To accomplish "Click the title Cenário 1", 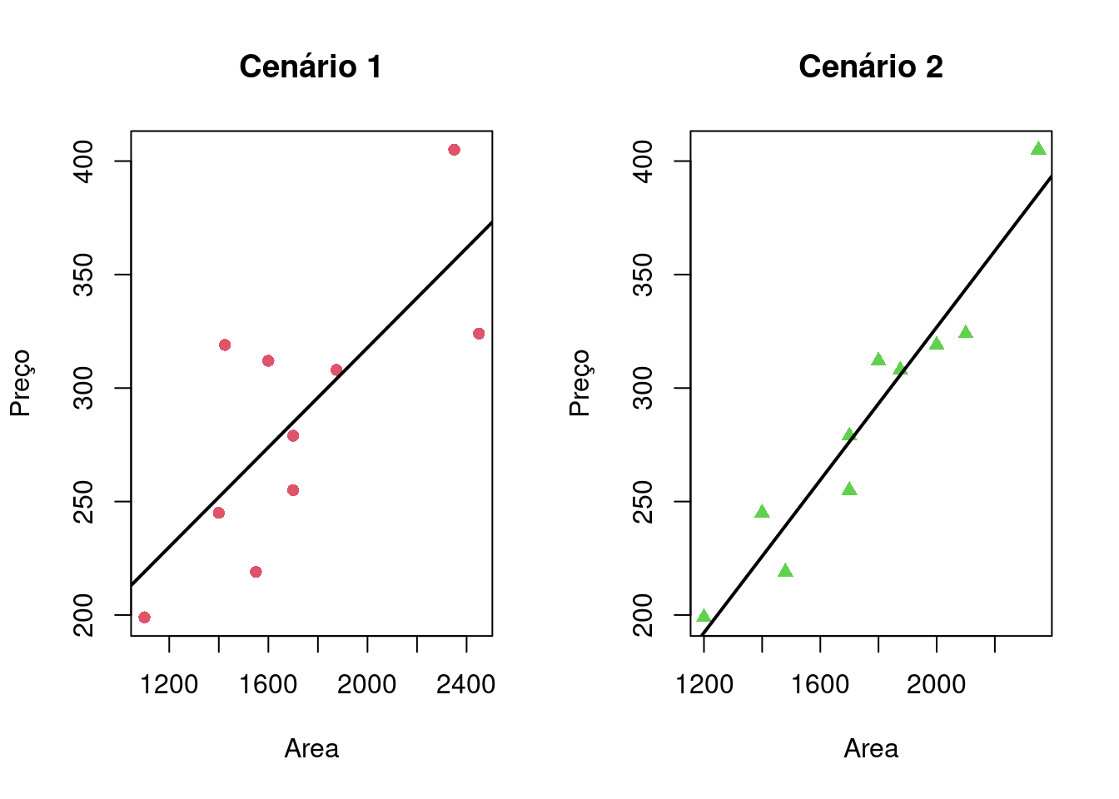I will pyautogui.click(x=311, y=67).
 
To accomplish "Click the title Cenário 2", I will pyautogui.click(x=870, y=67).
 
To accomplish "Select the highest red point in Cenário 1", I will pyautogui.click(x=454, y=150).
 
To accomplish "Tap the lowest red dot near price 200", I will pyautogui.click(x=144, y=618).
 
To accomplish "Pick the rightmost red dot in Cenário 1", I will pyautogui.click(x=479, y=334).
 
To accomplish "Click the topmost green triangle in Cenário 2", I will pyautogui.click(x=1038, y=149).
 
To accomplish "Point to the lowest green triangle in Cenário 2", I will pyautogui.click(x=704, y=616).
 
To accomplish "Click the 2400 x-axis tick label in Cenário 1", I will pyautogui.click(x=465, y=685).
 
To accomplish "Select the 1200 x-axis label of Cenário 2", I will pyautogui.click(x=704, y=685).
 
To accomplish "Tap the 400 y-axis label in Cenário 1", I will pyautogui.click(x=84, y=161).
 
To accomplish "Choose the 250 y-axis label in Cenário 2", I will pyautogui.click(x=644, y=502).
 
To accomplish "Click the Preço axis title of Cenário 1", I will pyautogui.click(x=20, y=383).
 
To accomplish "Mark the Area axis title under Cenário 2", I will pyautogui.click(x=871, y=749).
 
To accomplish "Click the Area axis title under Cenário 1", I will pyautogui.click(x=311, y=749).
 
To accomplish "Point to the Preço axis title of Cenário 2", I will pyautogui.click(x=579, y=383).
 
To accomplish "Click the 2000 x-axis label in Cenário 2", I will pyautogui.click(x=936, y=685).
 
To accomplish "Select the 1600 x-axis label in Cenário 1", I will pyautogui.click(x=267, y=685).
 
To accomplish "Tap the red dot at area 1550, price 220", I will pyautogui.click(x=256, y=572).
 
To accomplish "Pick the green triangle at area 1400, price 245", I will pyautogui.click(x=762, y=512).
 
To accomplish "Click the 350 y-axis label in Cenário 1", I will pyautogui.click(x=84, y=275).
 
